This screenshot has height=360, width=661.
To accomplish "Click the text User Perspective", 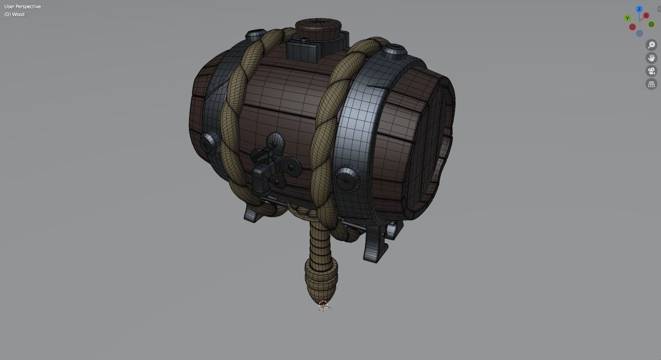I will tap(22, 6).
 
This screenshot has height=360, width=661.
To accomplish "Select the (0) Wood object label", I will tap(15, 14).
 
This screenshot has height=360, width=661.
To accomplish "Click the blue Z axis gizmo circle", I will tap(639, 9).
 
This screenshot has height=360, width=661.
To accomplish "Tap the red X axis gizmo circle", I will tap(646, 16).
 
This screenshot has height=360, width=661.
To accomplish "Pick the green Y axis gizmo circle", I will tap(627, 18).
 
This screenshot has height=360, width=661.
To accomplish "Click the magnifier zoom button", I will tap(651, 45).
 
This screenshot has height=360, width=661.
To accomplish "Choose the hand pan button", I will tap(651, 58).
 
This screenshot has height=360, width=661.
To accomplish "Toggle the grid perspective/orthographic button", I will tap(651, 84).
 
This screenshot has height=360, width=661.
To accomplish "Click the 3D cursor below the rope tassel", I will tap(323, 306).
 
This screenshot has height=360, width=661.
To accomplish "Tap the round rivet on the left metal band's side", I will tap(209, 142).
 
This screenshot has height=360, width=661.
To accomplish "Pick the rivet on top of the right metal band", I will tap(394, 51).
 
